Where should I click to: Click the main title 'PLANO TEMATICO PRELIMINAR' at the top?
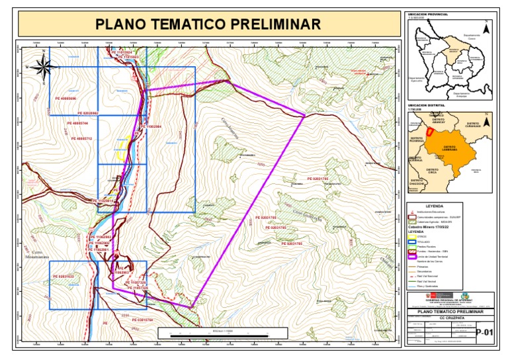pos(208,24)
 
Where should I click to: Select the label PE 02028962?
pos(85,113)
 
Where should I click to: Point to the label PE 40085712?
pos(81,138)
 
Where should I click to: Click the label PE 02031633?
pos(62,276)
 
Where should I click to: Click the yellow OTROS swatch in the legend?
pos(412,237)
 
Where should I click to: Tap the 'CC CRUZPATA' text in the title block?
pos(449,318)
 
